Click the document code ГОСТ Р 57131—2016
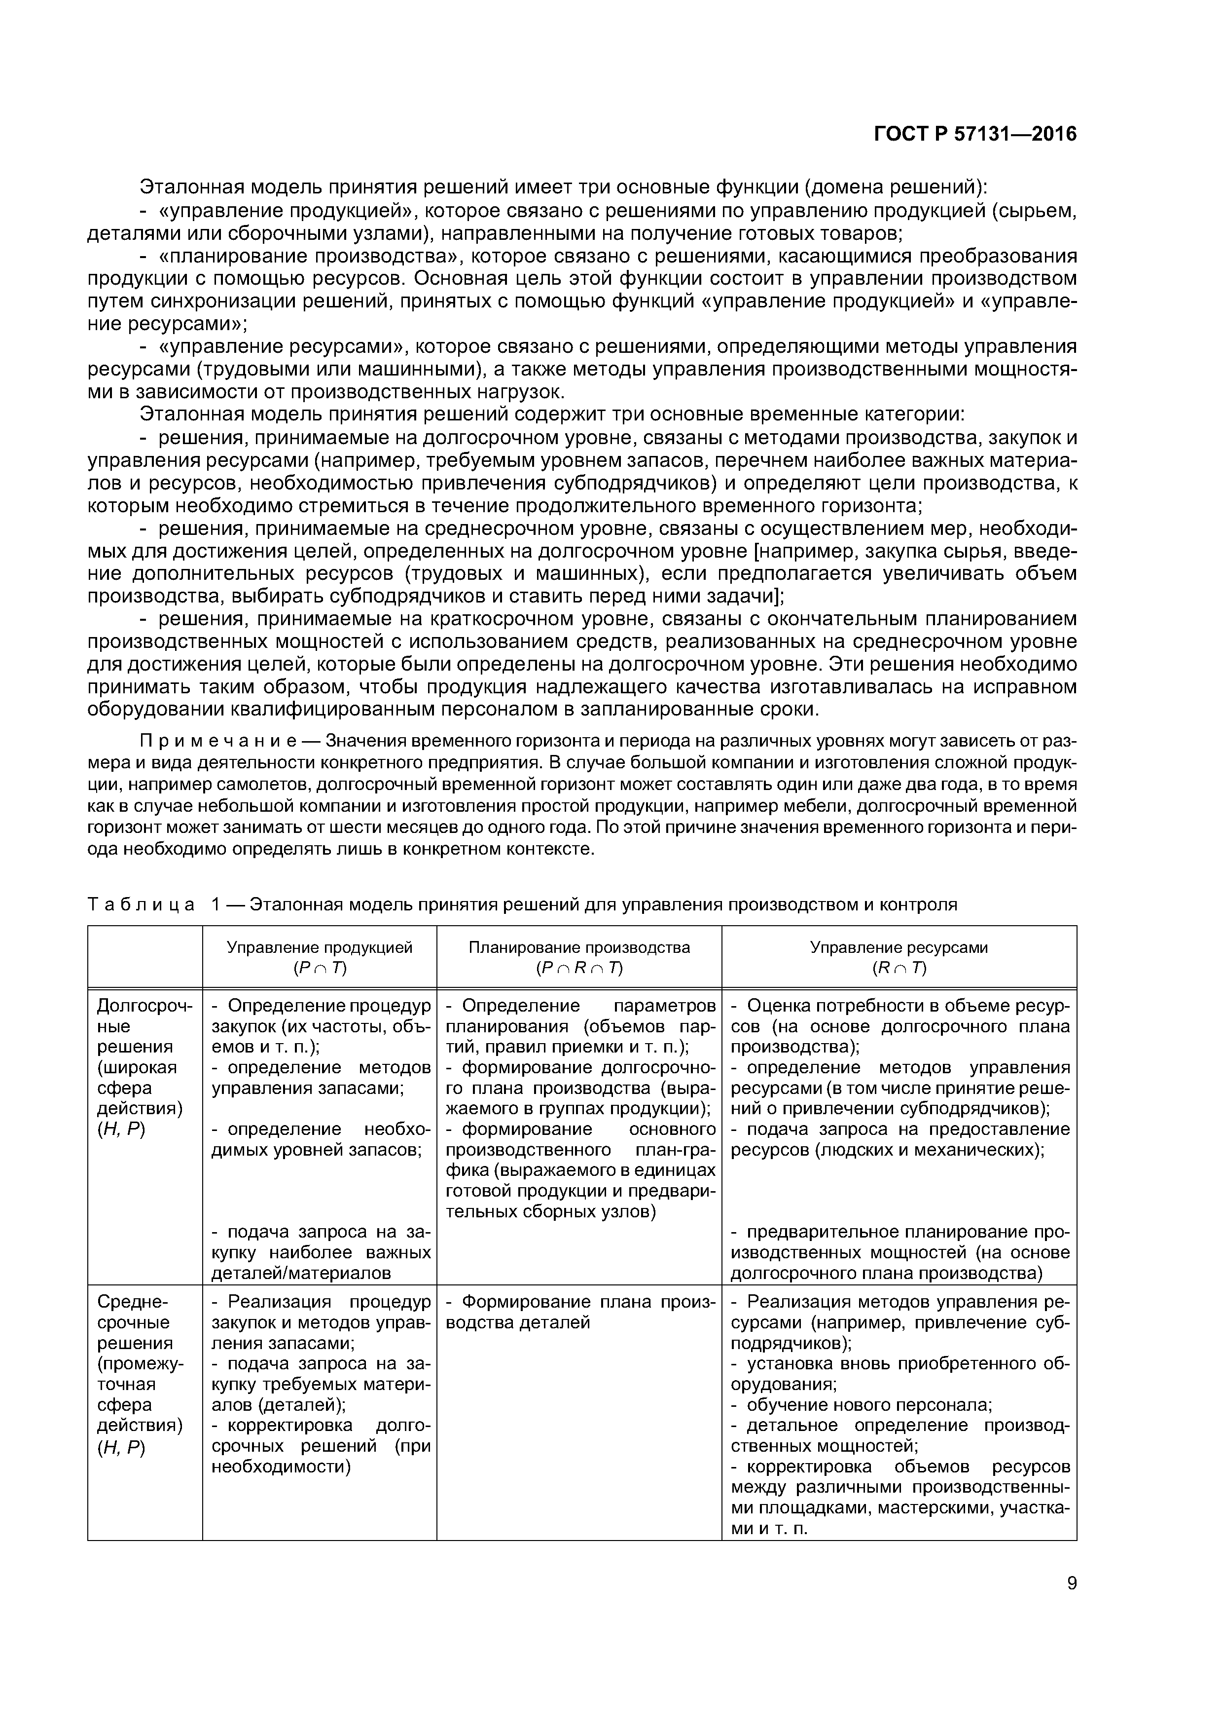(974, 134)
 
